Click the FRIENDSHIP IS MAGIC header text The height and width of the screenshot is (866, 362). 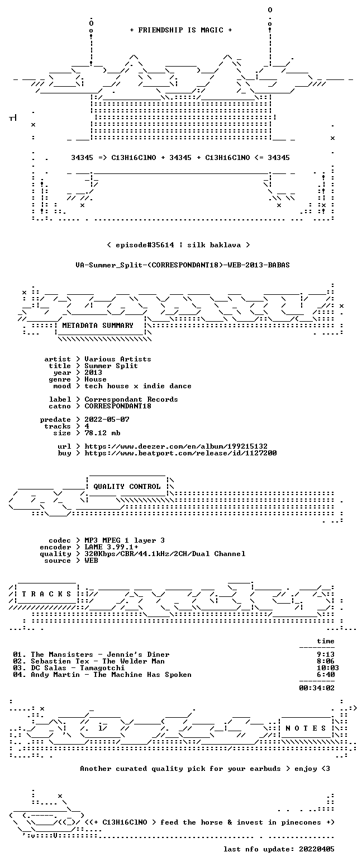181,30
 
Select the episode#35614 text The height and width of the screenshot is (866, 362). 145,245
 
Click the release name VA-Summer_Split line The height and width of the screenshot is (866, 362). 183,265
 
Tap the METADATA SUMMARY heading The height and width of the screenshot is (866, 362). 98,326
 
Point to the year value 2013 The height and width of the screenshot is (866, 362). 93,373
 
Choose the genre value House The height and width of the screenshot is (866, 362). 96,379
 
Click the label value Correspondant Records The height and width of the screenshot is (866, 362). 131,399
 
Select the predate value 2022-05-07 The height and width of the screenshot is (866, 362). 107,420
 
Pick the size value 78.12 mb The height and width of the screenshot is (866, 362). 102,433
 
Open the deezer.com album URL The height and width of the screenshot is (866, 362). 176,446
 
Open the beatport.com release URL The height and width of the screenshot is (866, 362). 180,453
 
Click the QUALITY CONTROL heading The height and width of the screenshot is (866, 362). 127,487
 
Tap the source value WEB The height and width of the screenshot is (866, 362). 92,561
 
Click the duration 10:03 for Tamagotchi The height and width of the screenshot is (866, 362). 326,668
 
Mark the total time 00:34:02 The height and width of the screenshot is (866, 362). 317,688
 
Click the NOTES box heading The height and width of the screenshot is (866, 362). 306,728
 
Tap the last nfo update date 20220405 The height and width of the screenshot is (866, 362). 317,849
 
